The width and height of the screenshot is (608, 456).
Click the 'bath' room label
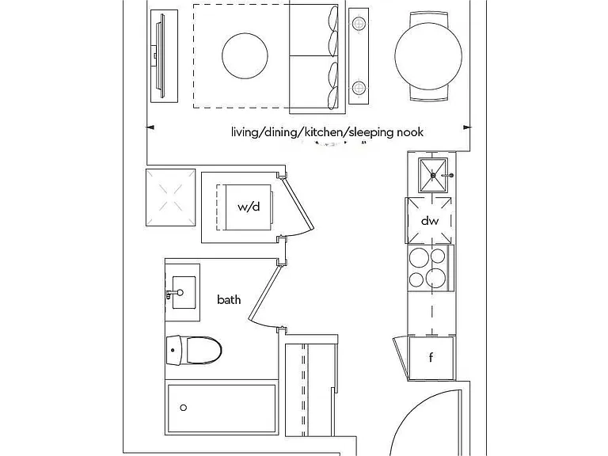point(229,300)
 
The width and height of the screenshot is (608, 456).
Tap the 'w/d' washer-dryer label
point(249,207)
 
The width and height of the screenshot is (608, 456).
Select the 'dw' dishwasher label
point(430,221)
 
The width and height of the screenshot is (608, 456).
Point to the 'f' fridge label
point(431,357)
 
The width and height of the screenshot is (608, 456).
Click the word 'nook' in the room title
point(409,132)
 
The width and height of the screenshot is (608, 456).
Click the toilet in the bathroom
point(194,351)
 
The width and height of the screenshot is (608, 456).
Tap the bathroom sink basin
point(184,292)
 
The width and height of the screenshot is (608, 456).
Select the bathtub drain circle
point(184,408)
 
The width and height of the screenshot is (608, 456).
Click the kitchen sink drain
point(434,175)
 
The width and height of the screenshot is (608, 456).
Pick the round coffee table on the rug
point(245,56)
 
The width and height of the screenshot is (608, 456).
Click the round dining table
point(428,55)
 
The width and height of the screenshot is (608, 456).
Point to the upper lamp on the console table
point(359,24)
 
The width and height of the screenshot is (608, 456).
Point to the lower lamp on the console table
point(359,88)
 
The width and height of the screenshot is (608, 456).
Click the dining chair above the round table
point(428,19)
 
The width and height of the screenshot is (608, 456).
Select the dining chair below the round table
point(428,93)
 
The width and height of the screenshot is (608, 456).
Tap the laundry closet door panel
point(298,203)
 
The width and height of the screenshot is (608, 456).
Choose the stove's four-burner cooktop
point(431,268)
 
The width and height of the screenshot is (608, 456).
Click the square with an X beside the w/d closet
point(171,197)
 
